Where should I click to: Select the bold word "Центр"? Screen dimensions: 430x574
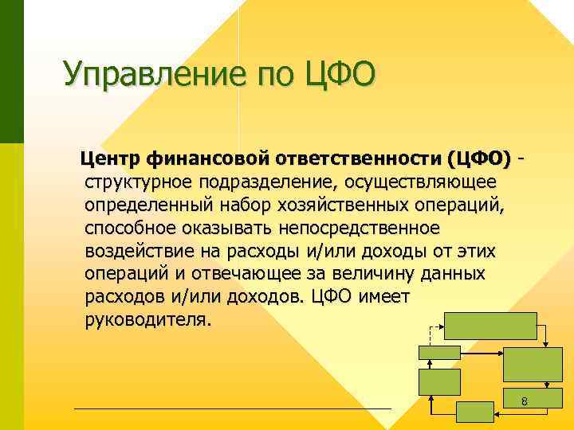coord(116,158)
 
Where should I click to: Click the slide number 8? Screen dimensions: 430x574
coord(524,402)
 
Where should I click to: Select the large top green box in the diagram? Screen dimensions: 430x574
coord(490,326)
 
